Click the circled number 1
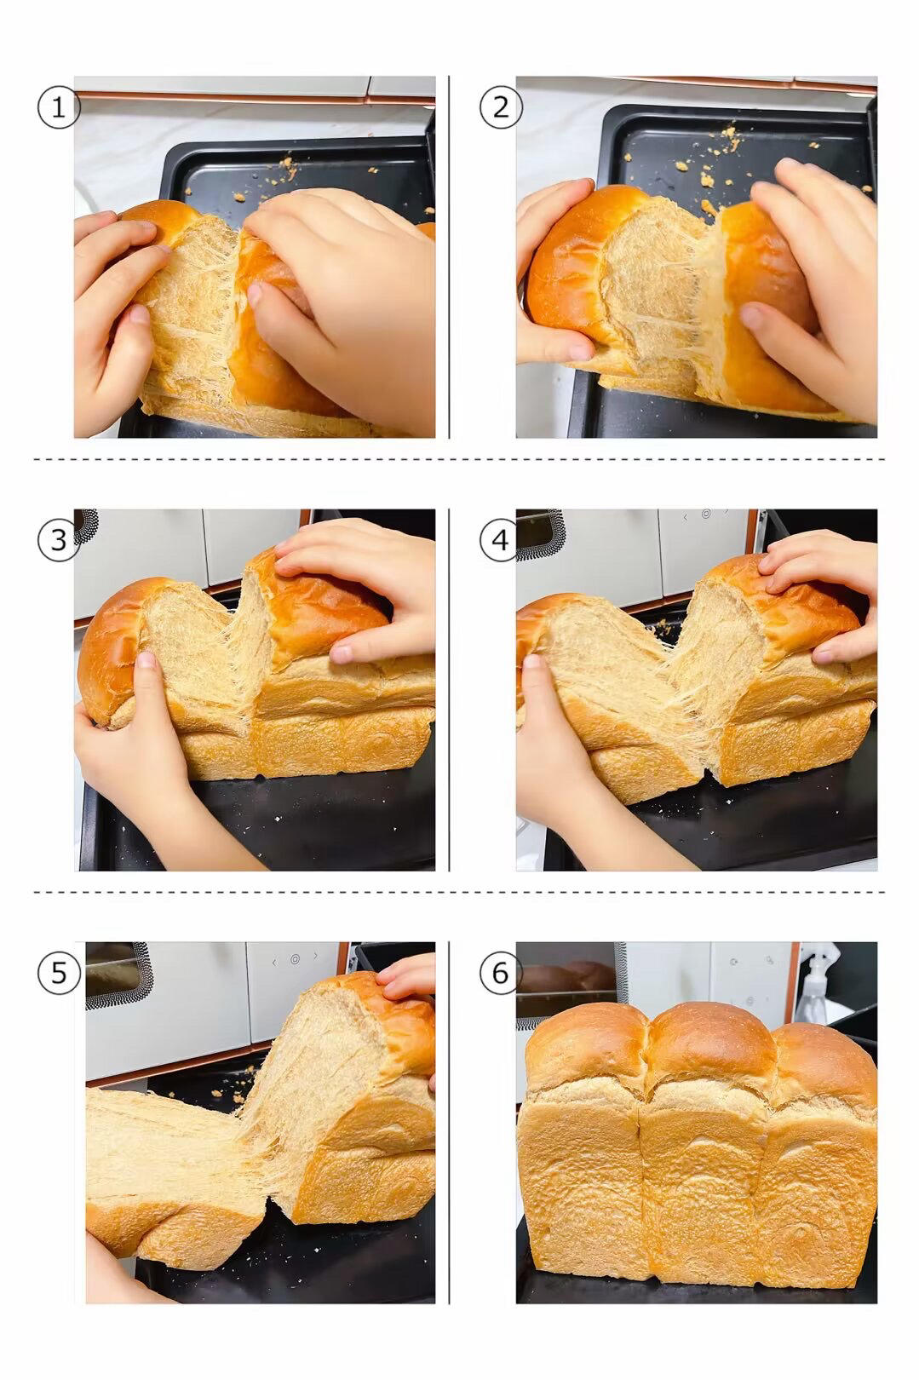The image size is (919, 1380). [x=59, y=108]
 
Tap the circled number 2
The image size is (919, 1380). [x=501, y=108]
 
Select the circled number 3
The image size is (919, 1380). [x=59, y=540]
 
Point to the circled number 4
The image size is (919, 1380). [x=501, y=540]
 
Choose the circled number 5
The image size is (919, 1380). [x=59, y=974]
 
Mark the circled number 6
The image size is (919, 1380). [x=501, y=974]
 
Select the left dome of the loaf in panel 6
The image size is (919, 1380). [x=585, y=1047]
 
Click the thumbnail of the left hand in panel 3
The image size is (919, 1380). [x=146, y=660]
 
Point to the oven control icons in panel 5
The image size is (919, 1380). [x=295, y=959]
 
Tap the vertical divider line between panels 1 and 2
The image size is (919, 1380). [x=449, y=257]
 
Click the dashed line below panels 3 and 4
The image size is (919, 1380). [x=460, y=891]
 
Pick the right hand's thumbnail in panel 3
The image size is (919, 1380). [x=342, y=653]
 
